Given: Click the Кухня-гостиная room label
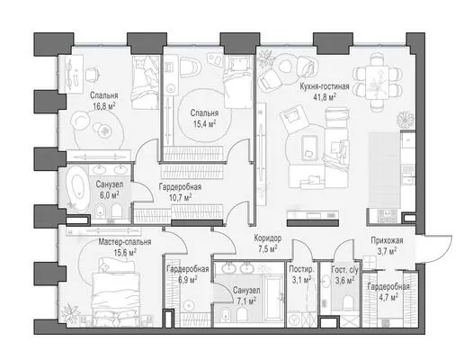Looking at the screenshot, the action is [325, 86].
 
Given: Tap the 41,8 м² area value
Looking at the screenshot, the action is [326, 97].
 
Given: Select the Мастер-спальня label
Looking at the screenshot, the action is [125, 241].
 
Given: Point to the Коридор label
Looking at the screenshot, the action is [268, 238].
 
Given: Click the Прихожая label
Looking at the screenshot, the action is [387, 240].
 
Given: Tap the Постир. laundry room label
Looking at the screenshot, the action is [302, 269].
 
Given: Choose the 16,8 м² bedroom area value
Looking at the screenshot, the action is [103, 106].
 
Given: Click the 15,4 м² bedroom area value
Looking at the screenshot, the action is [205, 124].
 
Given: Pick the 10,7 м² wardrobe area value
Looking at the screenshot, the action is [180, 198].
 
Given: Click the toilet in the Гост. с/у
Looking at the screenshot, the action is [347, 302].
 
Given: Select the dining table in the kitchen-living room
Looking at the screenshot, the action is [377, 81].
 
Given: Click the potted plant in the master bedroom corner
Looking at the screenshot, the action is [70, 312].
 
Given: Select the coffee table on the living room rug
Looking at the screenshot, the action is [309, 148].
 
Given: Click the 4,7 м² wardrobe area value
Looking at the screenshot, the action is [388, 297].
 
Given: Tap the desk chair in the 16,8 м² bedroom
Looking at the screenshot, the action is [93, 75].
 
